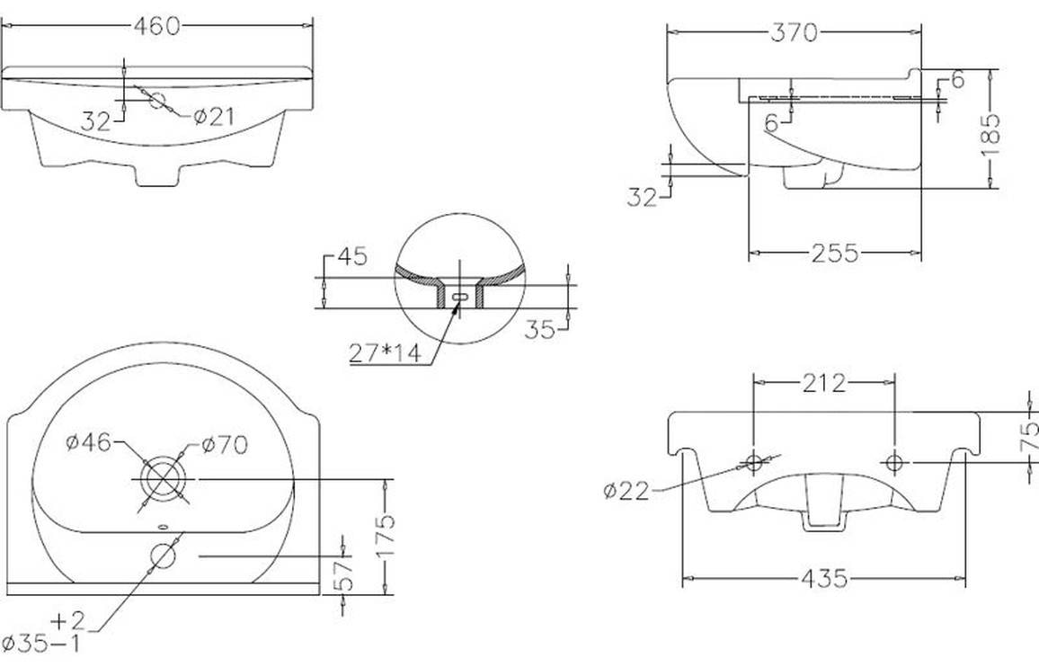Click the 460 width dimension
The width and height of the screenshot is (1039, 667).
pos(157,26)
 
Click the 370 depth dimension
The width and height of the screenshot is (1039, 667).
pos(794,31)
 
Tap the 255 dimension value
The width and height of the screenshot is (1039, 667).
pos(834,253)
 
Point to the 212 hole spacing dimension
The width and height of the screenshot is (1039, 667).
pos(824,383)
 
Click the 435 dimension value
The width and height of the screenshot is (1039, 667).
pos(824,579)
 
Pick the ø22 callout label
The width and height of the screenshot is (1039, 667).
pos(626,492)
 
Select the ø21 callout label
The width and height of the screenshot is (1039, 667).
pos(214,118)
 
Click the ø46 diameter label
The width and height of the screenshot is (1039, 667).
pos(90,442)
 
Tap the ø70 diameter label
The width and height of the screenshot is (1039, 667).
pos(225,445)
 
